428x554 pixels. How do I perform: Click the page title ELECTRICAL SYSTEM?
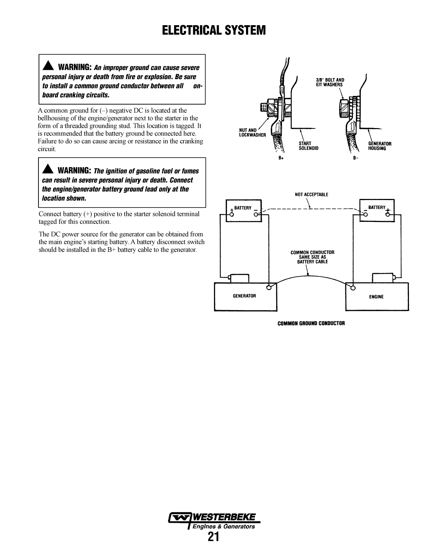pyautogui.click(x=214, y=31)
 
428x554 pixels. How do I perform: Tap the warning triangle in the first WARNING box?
pyautogui.click(x=48, y=67)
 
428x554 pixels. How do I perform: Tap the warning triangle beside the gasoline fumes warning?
pyautogui.click(x=48, y=170)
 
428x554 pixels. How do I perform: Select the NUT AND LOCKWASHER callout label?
pyautogui.click(x=252, y=133)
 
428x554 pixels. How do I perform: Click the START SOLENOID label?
pyautogui.click(x=309, y=146)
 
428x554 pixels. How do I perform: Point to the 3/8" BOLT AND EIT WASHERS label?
pyautogui.click(x=330, y=82)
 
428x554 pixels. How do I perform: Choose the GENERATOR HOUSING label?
pyautogui.click(x=379, y=146)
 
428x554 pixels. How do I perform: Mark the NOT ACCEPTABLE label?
pyautogui.click(x=311, y=195)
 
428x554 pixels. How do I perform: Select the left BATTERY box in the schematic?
pyautogui.click(x=243, y=211)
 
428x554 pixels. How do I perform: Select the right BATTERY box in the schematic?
pyautogui.click(x=377, y=211)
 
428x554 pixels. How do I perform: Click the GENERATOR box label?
pyautogui.click(x=244, y=296)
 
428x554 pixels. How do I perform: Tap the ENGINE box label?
pyautogui.click(x=376, y=297)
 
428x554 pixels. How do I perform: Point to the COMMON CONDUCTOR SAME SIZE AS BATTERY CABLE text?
pyautogui.click(x=312, y=257)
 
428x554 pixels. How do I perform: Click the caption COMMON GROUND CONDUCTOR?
pyautogui.click(x=311, y=323)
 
